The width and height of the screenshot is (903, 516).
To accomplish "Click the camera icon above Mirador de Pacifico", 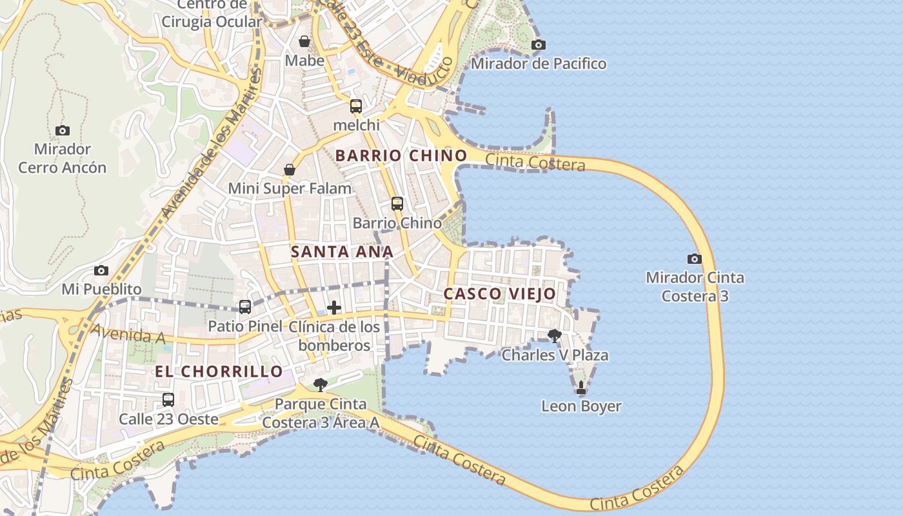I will (538, 45).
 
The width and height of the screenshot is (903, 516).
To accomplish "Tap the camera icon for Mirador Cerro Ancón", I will (63, 130).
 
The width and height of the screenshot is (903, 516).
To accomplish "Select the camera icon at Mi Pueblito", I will (101, 270).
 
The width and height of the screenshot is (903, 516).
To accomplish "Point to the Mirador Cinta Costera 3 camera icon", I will (695, 259).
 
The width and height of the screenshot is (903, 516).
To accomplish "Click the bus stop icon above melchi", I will (356, 106).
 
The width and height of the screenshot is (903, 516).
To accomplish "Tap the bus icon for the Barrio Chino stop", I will (397, 204).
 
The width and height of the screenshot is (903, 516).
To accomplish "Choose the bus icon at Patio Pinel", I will (245, 307).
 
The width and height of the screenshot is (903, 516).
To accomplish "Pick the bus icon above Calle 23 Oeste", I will (168, 399).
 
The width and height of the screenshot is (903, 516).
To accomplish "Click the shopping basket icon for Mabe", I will (304, 41).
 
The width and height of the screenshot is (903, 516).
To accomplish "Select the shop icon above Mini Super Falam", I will (290, 170).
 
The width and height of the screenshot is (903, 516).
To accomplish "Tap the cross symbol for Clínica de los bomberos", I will (334, 308).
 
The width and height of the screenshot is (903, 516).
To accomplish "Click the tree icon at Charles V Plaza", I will (554, 335).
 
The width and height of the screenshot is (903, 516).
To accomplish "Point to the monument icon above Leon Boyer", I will (581, 387).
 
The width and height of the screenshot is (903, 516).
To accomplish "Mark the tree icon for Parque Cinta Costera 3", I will (320, 385).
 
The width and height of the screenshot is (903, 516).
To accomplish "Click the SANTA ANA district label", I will (342, 252).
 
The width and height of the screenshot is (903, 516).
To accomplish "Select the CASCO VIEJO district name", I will (499, 294).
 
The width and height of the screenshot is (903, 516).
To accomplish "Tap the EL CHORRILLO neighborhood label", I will (219, 372).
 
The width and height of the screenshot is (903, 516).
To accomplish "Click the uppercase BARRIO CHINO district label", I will (401, 155).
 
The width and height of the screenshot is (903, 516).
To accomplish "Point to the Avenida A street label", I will (128, 333).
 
